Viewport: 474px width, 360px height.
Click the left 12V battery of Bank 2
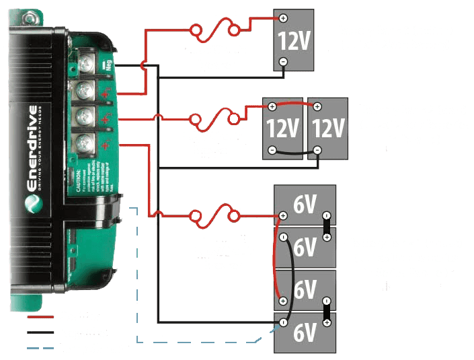tap(282, 127)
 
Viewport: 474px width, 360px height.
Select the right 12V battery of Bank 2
tap(327, 127)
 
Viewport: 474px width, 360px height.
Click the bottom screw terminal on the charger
tap(83, 141)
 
